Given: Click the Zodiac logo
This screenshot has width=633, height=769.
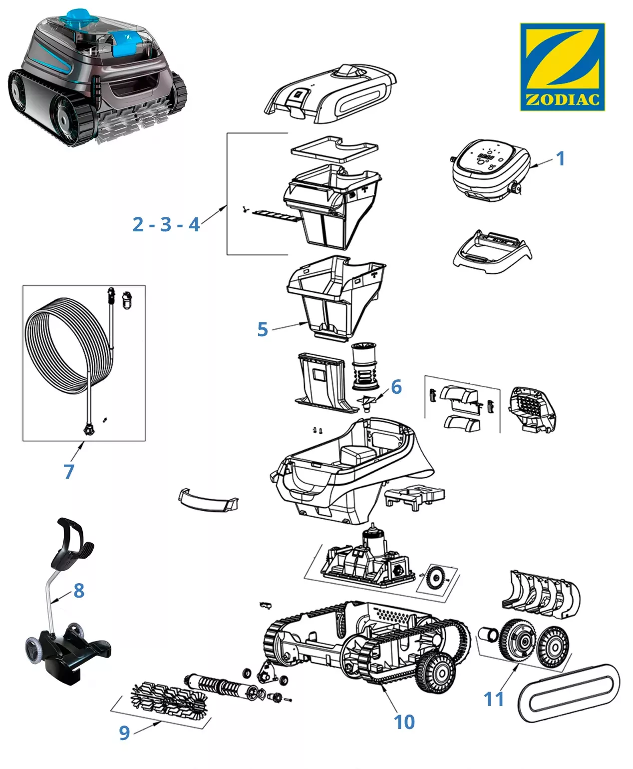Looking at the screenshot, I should point(562,66).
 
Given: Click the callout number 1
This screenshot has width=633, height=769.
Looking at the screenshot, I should point(561,158).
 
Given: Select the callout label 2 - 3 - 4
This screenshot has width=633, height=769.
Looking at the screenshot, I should point(166,224).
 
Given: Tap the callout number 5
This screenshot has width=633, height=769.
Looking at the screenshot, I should point(263,329).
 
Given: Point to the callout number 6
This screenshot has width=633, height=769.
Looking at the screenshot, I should point(396,386).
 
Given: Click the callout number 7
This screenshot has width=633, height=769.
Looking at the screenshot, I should point(69,471).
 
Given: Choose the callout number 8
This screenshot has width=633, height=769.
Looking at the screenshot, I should point(79,590).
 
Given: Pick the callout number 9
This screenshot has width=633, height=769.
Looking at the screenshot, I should point(124,733).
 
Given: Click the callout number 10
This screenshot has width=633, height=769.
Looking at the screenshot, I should point(404,722).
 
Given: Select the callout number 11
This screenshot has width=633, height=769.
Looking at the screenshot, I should point(494,699).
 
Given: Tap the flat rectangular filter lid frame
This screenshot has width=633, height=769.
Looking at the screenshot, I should point(334,147).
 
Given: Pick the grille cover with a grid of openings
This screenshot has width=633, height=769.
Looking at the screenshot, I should point(532,410).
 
